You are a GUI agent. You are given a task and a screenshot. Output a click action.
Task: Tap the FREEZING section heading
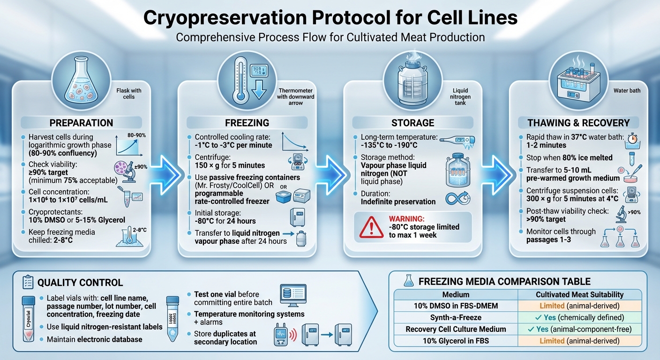pos(247,123)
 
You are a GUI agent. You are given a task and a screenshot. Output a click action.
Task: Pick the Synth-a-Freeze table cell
pos(455,317)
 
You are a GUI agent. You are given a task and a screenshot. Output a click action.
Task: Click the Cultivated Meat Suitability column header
pos(579,294)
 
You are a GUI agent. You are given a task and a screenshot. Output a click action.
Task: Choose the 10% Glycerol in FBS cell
pos(455,341)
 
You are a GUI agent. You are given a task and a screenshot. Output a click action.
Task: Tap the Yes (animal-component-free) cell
pos(579,329)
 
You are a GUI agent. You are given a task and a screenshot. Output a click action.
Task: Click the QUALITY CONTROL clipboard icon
pos(28,282)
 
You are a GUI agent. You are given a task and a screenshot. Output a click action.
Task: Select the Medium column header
pos(455,294)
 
